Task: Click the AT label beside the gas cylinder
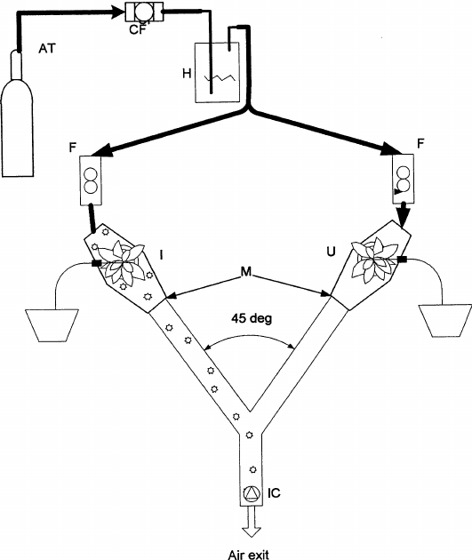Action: [46, 52]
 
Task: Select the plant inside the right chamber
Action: [373, 260]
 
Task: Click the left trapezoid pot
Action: [51, 324]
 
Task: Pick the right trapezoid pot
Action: [445, 321]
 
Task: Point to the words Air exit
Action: [251, 551]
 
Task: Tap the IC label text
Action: [276, 491]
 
